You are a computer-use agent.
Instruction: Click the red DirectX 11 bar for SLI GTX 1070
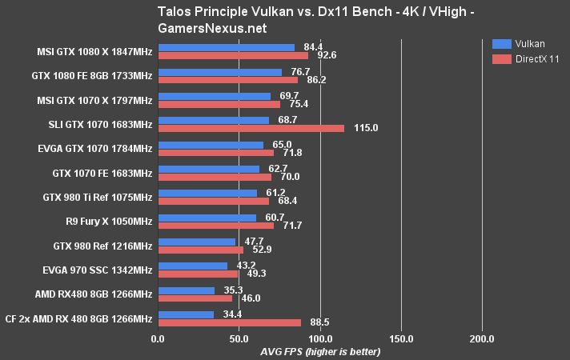251,128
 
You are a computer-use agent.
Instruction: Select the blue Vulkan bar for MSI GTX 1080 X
227,46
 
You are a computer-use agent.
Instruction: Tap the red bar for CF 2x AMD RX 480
230,323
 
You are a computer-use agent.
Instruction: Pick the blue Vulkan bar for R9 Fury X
207,218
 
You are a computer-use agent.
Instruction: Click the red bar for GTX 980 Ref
201,250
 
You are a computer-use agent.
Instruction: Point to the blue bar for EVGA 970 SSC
193,266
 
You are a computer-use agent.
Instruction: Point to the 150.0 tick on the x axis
401,338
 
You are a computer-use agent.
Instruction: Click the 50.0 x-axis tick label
239,338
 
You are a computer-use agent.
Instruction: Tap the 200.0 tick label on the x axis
482,338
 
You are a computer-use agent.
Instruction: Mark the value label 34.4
232,314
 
